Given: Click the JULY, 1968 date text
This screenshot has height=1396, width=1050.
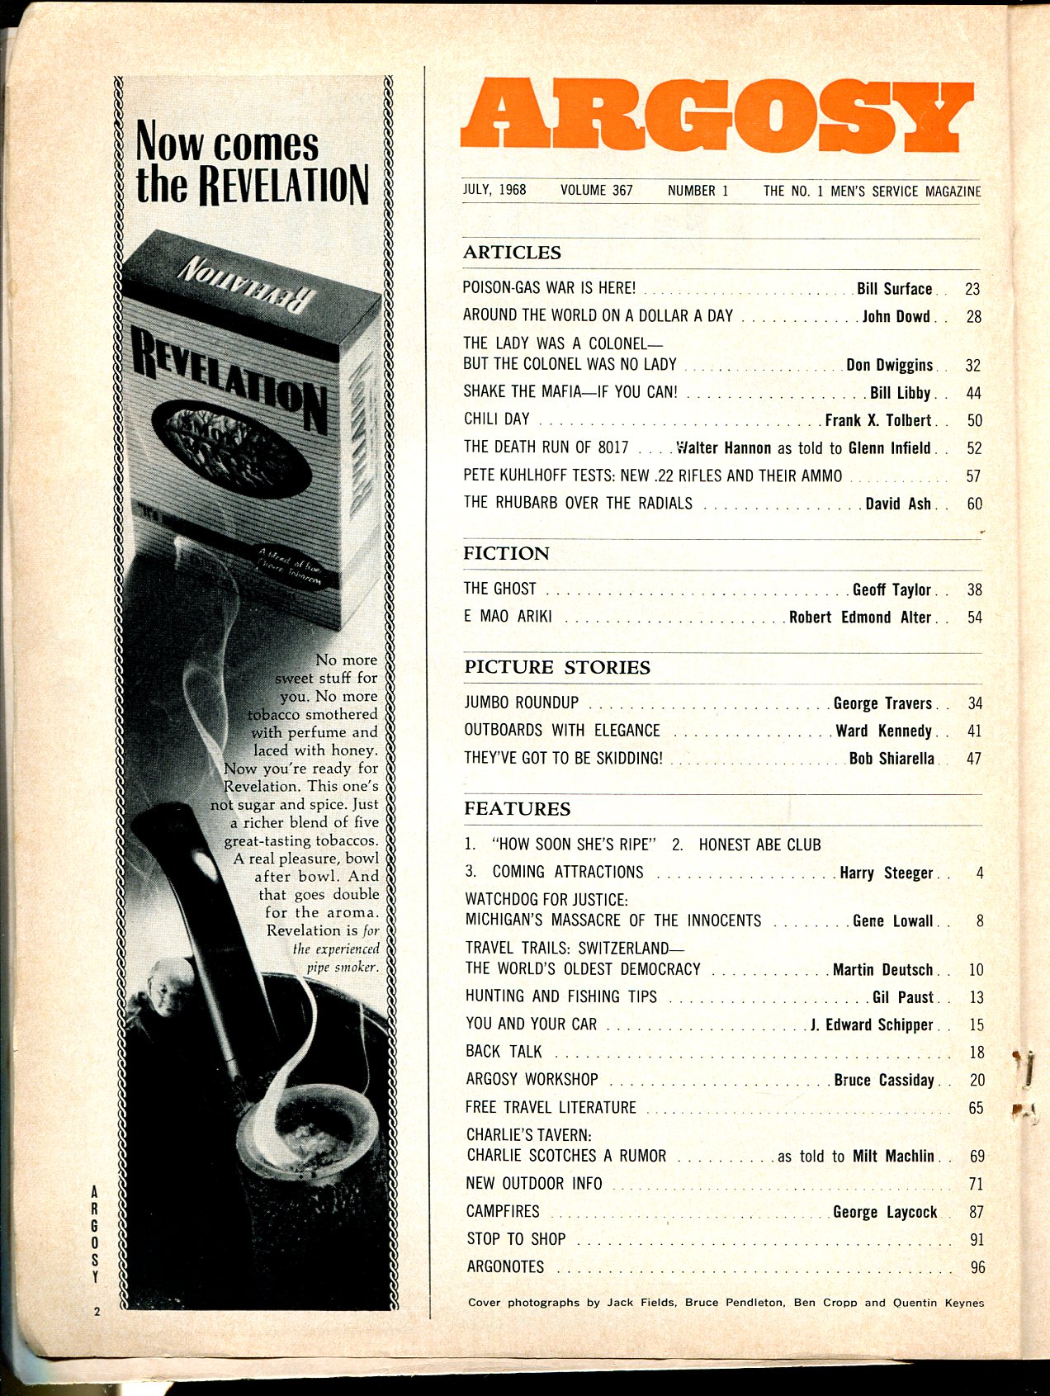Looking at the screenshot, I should tap(494, 190).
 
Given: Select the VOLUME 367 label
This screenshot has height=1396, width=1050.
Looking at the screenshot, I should tap(596, 190).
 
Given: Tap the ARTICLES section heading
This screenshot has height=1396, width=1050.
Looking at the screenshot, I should tap(511, 253).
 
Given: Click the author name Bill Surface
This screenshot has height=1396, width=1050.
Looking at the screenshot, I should tap(894, 289).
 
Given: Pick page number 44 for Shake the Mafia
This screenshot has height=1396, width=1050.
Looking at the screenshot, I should tap(973, 394).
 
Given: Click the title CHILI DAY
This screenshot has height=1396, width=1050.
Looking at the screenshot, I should tap(496, 419).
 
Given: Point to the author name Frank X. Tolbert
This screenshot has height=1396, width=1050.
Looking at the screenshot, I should tap(877, 420).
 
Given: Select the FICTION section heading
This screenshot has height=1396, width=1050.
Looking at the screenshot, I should tap(506, 553).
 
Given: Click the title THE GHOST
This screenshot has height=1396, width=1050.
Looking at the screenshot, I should tap(499, 589).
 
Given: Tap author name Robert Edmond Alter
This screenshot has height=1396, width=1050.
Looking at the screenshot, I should tap(859, 618).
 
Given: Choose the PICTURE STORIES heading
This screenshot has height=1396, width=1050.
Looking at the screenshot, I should tap(557, 667).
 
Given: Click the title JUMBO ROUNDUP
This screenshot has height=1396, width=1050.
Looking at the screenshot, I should tap(521, 703).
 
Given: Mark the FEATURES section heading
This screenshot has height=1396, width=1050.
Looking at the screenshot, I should tap(517, 808).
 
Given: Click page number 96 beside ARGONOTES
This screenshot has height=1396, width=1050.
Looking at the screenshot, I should tap(977, 1267).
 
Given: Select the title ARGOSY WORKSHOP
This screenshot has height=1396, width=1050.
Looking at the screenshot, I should tap(532, 1079).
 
